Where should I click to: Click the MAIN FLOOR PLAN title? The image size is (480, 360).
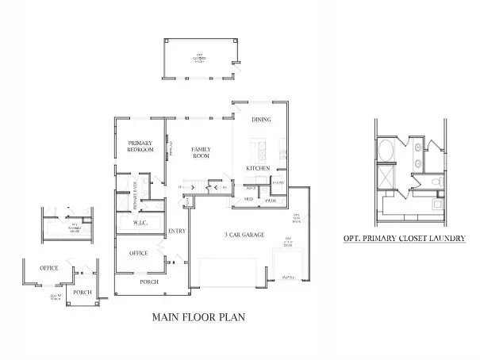tap(198, 317)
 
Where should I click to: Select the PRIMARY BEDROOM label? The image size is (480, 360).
tap(141, 146)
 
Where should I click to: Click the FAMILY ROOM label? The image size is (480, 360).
tap(201, 152)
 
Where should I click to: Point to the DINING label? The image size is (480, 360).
tap(261, 120)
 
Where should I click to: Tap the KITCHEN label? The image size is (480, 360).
tap(259, 168)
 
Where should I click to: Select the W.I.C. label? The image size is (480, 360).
tap(131, 224)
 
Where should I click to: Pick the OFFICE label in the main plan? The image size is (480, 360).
tap(137, 253)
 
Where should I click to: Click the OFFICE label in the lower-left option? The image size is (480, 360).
tap(48, 268)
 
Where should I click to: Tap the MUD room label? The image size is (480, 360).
tap(248, 198)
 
